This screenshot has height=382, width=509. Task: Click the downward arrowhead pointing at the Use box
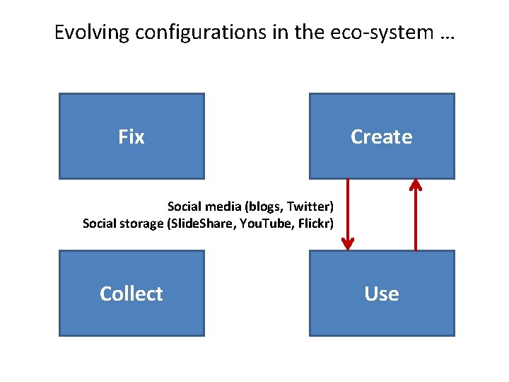click(x=347, y=245)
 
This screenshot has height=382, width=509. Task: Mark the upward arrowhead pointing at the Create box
click(x=416, y=185)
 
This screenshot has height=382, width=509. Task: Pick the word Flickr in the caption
click(x=317, y=224)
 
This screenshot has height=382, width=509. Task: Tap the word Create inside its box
click(x=382, y=137)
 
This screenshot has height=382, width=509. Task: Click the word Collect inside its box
click(x=131, y=294)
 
